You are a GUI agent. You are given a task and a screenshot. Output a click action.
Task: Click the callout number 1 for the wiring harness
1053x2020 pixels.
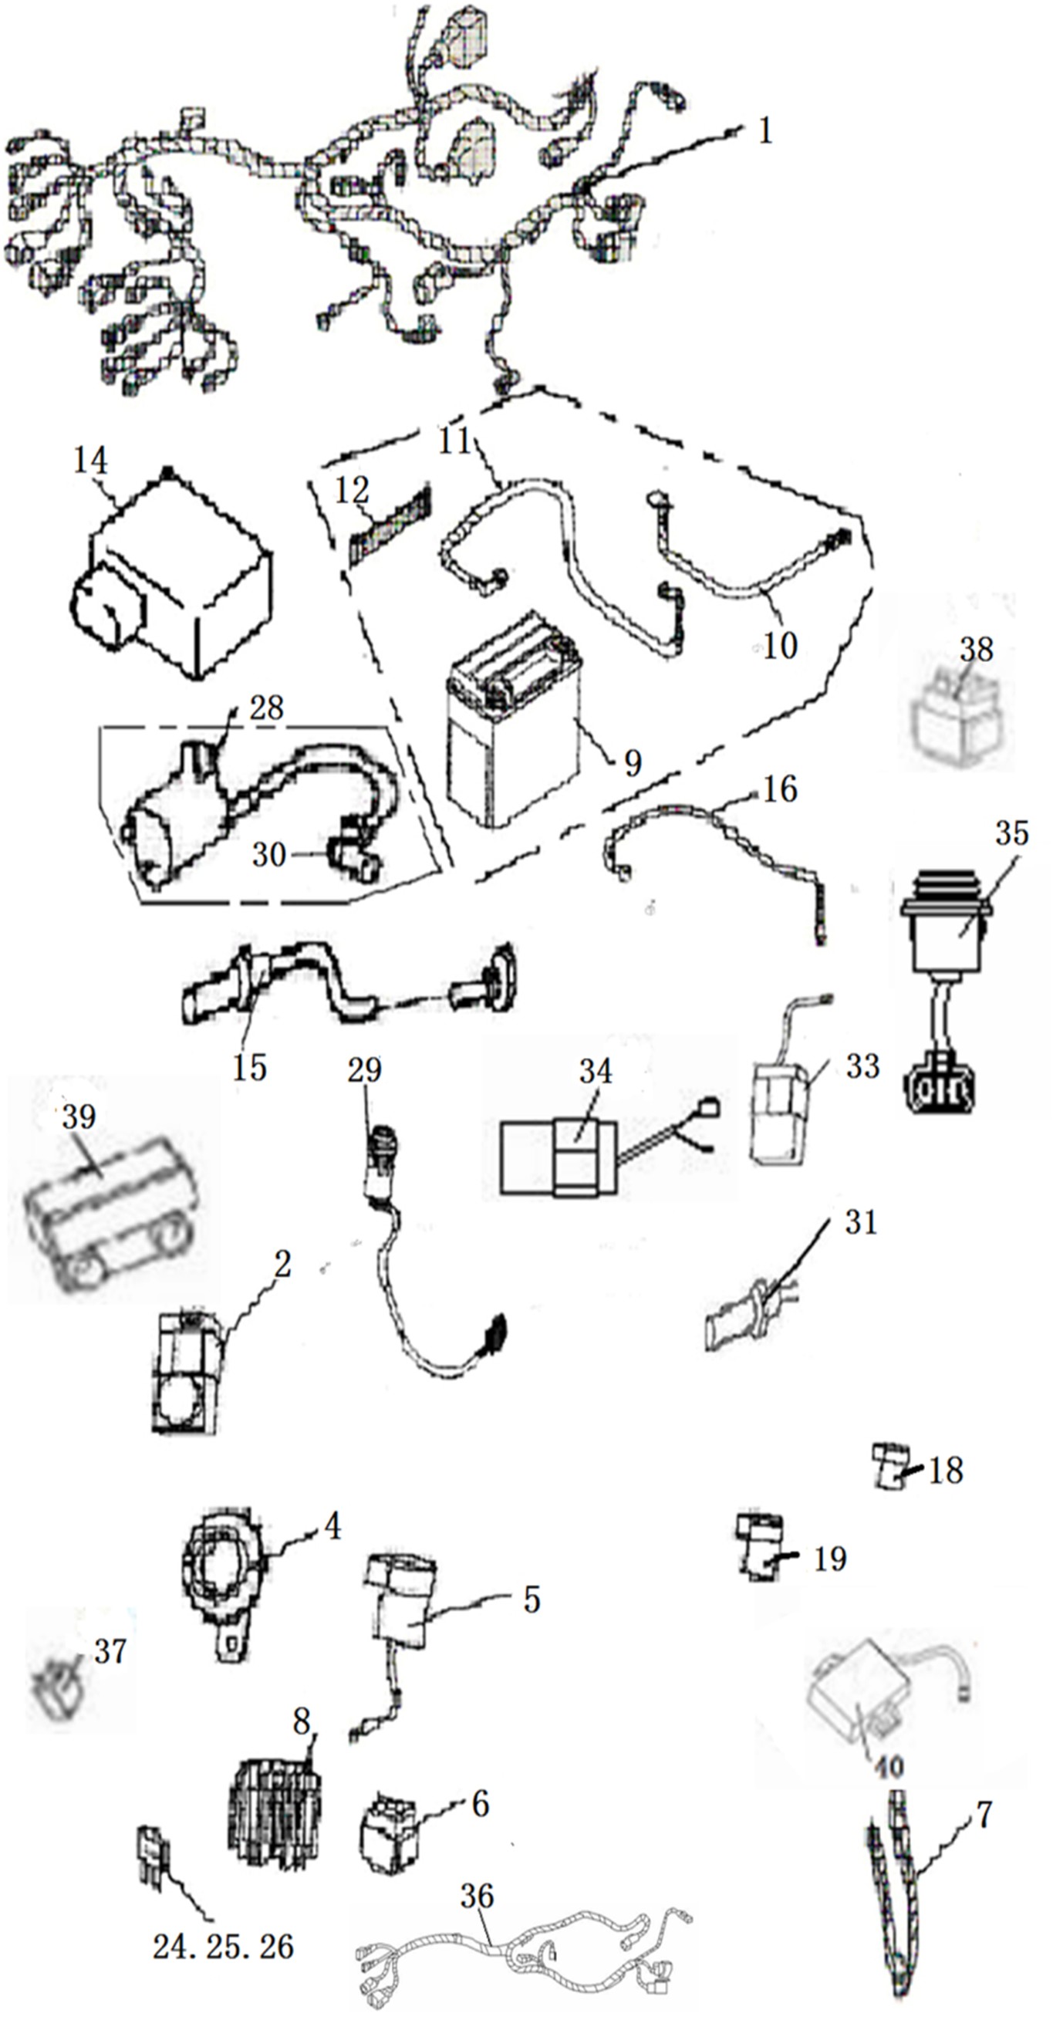point(765,130)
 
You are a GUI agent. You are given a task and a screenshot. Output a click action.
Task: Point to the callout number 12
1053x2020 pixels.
point(351,491)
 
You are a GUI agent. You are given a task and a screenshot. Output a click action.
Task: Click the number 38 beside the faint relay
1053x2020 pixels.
point(976,650)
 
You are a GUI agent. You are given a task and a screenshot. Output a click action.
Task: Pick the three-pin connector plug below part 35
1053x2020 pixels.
point(940,1089)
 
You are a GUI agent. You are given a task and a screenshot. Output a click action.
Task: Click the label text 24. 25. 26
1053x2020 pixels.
point(224,1946)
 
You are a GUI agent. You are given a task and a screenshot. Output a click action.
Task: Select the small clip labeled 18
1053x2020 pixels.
point(890,1466)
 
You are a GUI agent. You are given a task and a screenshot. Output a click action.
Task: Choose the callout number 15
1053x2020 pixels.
point(249,1067)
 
